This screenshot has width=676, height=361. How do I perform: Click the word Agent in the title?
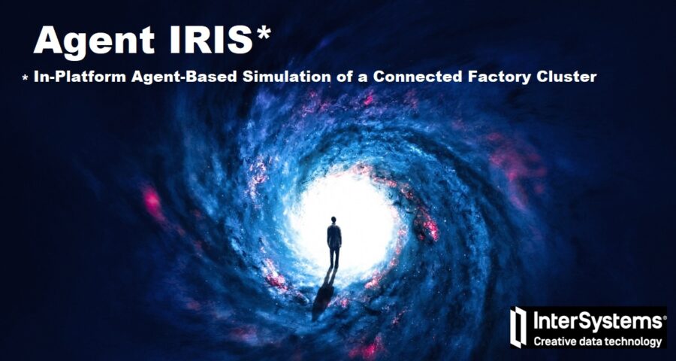tap(89, 40)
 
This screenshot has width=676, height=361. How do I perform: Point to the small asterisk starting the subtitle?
tap(25, 78)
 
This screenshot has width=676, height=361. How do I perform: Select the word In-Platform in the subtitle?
tap(71, 77)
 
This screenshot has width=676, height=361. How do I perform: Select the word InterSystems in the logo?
tap(595, 322)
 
